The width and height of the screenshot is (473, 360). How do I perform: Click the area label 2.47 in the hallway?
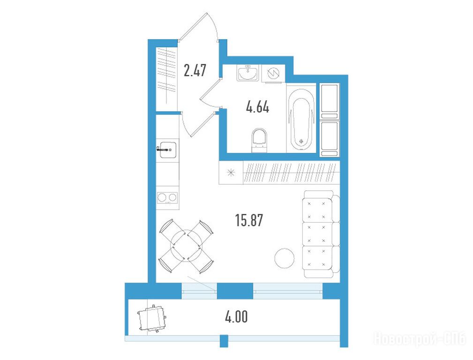[x=195, y=70]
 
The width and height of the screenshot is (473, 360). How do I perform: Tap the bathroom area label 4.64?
[x=258, y=107]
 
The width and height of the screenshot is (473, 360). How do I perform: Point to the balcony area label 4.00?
[x=236, y=317]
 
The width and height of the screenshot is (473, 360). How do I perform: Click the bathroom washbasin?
[x=248, y=73]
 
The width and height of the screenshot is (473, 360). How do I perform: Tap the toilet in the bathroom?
[x=259, y=140]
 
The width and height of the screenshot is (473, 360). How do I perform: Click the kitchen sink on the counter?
[x=168, y=150]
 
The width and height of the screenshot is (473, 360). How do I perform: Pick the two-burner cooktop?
[x=167, y=198]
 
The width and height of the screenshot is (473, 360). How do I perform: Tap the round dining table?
[x=187, y=246]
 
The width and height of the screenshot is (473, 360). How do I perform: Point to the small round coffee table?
[x=285, y=258]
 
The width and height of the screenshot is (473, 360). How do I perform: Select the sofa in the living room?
[x=321, y=234]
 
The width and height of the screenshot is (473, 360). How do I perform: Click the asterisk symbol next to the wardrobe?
[x=231, y=172]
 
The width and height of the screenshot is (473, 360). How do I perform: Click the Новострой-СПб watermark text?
[x=420, y=339]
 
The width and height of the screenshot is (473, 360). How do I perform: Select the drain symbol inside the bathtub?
[x=301, y=141]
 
